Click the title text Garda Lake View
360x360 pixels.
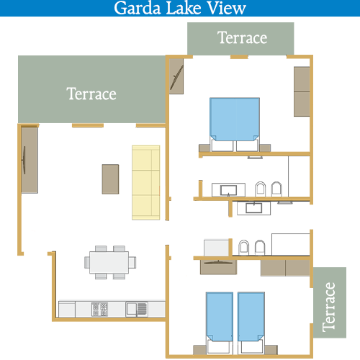click(180, 8)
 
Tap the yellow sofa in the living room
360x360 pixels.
click(146, 183)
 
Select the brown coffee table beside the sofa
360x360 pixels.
click(110, 179)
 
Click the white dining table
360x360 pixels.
click(109, 262)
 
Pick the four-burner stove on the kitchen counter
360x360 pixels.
click(99, 309)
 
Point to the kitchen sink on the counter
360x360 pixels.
click(137, 309)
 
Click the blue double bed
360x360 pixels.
click(235, 125)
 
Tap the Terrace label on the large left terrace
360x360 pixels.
click(91, 94)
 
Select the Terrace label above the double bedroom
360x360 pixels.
click(242, 37)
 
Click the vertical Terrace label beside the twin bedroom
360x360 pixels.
click(328, 307)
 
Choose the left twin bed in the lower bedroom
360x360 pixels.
click(220, 323)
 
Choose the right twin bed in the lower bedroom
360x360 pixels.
click(251, 323)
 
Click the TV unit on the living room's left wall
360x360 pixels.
click(30, 160)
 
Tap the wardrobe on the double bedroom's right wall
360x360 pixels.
click(302, 91)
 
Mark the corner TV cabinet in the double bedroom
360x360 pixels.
click(176, 76)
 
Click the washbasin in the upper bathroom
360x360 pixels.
click(228, 190)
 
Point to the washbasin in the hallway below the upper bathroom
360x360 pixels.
click(253, 208)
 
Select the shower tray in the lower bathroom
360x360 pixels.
click(290, 244)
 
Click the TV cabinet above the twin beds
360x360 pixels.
click(218, 267)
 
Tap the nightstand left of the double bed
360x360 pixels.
click(204, 148)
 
